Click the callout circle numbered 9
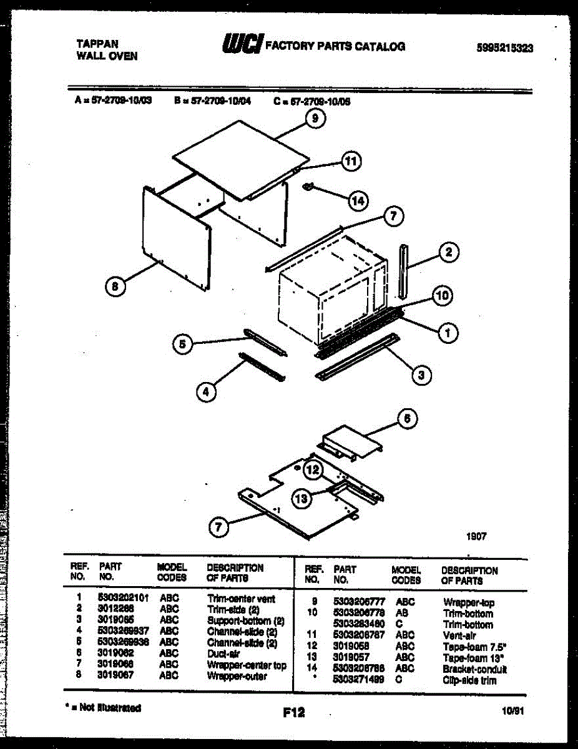[316, 118]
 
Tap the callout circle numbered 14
[358, 201]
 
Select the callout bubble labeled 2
[448, 253]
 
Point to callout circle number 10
[442, 296]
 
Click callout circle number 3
[422, 374]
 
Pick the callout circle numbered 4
[207, 391]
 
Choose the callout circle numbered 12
[313, 469]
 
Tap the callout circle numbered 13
[302, 497]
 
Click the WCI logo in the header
[241, 45]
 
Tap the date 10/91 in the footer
[511, 710]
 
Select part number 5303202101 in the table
[123, 598]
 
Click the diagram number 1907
[476, 536]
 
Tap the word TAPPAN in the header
[97, 44]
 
